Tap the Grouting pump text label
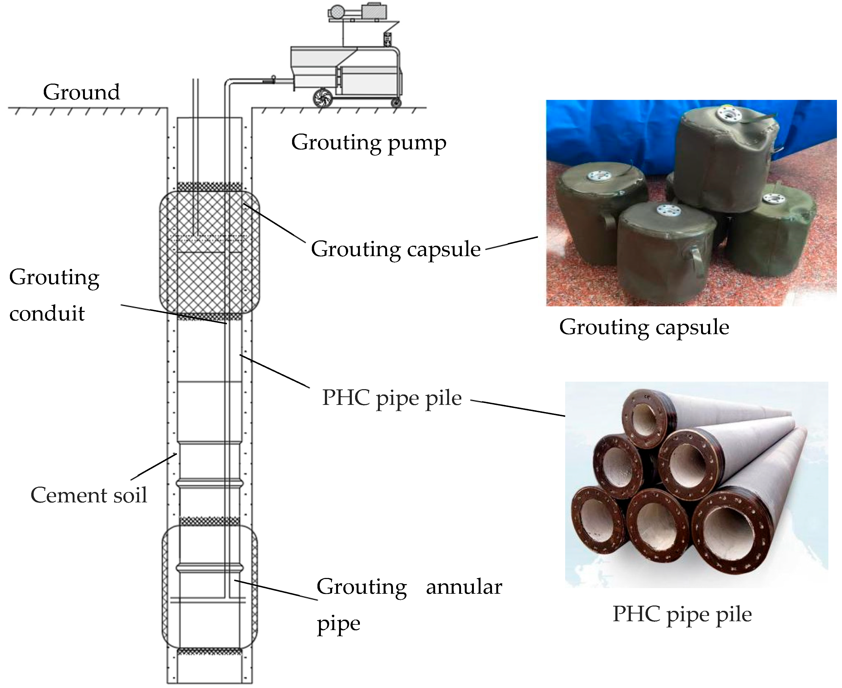click(x=368, y=143)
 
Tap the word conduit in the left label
click(x=47, y=314)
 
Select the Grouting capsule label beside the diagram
click(x=395, y=249)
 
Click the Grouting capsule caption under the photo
click(x=644, y=327)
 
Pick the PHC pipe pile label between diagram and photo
click(x=391, y=397)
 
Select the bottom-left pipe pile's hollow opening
click(x=598, y=519)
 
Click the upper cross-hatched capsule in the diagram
click(x=209, y=254)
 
